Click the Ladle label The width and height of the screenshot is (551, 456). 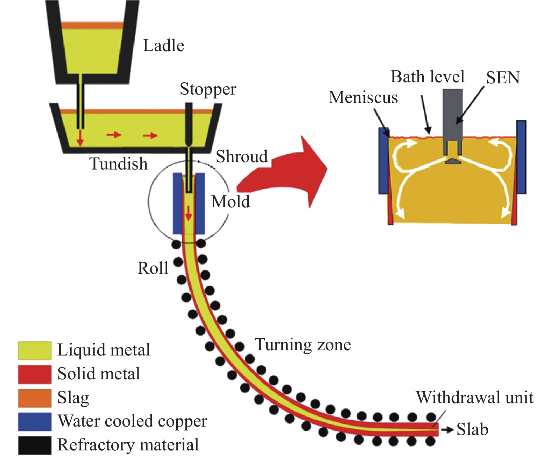163,46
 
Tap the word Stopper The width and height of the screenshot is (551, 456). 208,90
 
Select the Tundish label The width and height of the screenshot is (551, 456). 119,164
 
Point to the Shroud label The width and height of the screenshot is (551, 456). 242,157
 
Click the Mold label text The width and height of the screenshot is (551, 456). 231,202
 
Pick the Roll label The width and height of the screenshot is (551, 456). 153,268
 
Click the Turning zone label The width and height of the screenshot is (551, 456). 303,345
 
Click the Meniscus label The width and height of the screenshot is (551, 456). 363,97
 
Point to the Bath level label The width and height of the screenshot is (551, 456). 428,77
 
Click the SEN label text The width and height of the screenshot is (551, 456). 503,78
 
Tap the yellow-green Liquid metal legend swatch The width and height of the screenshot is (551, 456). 35,351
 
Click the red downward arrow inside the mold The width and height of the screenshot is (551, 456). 188,213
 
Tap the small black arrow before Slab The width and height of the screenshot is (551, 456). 447,430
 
